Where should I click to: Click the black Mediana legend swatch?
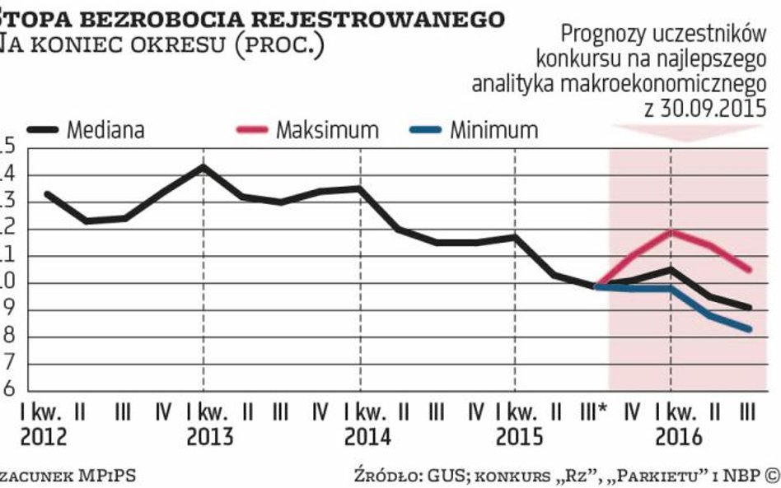click(43, 129)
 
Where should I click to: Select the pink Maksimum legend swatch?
click(252, 129)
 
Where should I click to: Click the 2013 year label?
click(210, 436)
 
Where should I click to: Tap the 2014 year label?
click(367, 436)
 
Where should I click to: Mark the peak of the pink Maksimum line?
click(673, 231)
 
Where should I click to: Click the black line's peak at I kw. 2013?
click(203, 166)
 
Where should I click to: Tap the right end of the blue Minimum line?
click(750, 329)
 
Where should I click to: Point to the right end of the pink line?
click(750, 270)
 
